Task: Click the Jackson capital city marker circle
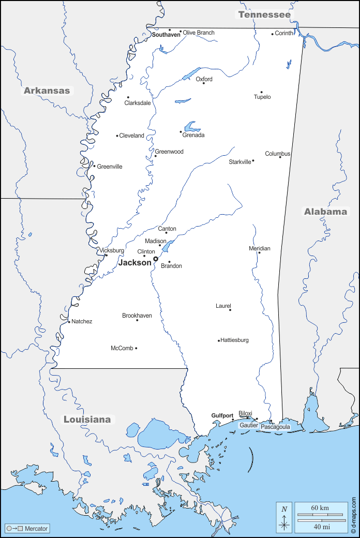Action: click(x=155, y=259)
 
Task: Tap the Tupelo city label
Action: click(x=262, y=97)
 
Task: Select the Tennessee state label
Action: click(x=264, y=14)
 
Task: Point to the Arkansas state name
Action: click(x=47, y=91)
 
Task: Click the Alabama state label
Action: click(x=325, y=211)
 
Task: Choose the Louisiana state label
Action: click(x=87, y=419)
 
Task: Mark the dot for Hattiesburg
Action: click(x=219, y=340)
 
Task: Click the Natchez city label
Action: click(x=82, y=321)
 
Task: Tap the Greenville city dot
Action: click(x=94, y=166)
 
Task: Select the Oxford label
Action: click(x=204, y=79)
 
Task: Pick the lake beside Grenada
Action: click(x=191, y=126)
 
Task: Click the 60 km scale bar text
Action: click(x=320, y=508)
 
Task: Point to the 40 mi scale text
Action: click(x=320, y=527)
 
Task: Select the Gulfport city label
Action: click(x=222, y=415)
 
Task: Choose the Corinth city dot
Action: click(x=273, y=34)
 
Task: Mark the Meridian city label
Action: click(x=259, y=248)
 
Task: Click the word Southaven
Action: click(x=166, y=35)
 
